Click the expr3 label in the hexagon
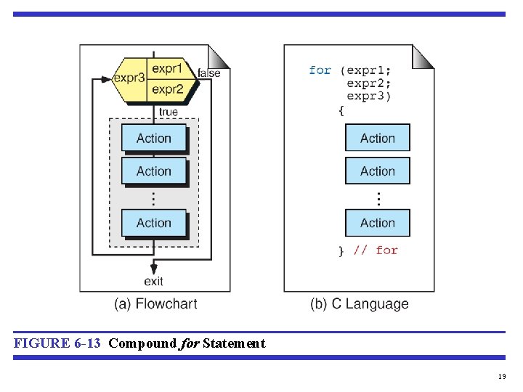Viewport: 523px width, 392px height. tap(130, 78)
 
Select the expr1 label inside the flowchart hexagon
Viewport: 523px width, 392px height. tap(168, 70)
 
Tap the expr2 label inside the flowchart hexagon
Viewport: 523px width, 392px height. tap(168, 89)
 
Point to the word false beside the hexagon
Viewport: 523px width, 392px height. tap(209, 73)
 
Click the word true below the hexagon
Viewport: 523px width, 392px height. tap(168, 112)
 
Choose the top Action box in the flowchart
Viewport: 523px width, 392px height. tap(154, 138)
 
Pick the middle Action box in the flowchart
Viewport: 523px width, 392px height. tap(154, 171)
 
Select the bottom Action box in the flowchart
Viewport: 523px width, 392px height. tap(154, 223)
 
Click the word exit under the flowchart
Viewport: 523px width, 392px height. tap(154, 281)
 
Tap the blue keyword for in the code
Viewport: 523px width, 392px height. tap(320, 70)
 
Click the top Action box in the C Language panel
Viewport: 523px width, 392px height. tap(378, 138)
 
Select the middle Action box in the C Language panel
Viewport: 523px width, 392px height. tap(378, 171)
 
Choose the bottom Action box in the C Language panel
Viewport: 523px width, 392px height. tap(378, 223)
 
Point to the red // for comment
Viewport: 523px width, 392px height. tap(376, 250)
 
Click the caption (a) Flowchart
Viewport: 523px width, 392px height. tap(155, 304)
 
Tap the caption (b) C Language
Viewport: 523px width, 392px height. tap(360, 304)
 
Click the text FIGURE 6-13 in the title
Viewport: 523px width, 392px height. tap(57, 343)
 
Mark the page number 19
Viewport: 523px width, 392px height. tap(502, 376)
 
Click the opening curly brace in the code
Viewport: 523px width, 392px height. tap(341, 110)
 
